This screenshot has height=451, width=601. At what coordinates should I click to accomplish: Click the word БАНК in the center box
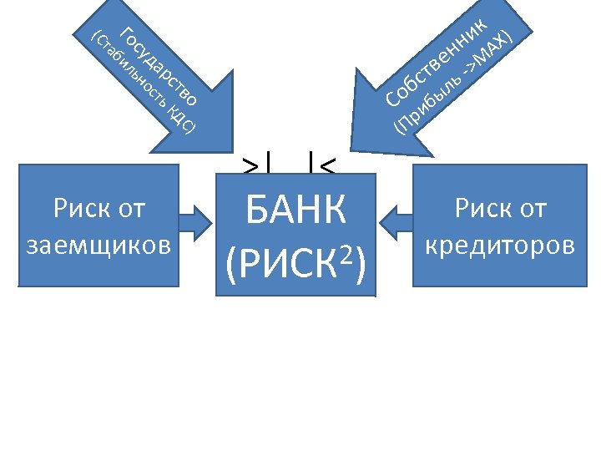click(x=296, y=211)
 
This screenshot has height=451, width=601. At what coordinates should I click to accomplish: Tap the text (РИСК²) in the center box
click(x=296, y=262)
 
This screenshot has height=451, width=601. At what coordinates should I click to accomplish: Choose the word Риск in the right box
click(x=481, y=208)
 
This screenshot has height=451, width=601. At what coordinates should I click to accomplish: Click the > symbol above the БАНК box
click(x=250, y=164)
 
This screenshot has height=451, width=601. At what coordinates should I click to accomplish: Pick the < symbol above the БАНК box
click(x=327, y=164)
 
